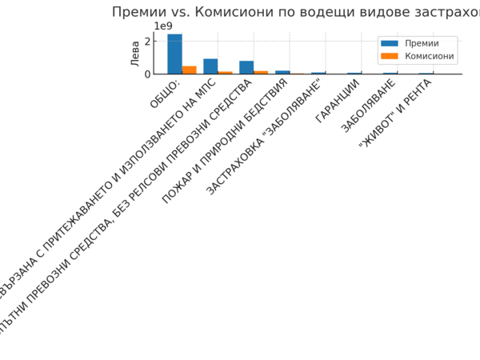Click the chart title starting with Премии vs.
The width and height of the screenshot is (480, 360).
[x=296, y=12]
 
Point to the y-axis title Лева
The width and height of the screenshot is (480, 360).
[x=135, y=53]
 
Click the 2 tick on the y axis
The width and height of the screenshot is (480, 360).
[x=148, y=42]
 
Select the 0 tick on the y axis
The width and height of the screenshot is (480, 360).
[x=148, y=74]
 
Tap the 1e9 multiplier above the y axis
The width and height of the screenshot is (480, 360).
[x=163, y=26]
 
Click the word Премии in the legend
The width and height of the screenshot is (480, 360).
[x=422, y=43]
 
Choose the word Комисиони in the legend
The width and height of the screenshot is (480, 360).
[x=430, y=56]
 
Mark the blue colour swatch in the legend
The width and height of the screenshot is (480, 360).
[x=390, y=43]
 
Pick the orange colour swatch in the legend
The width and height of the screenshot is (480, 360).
[x=390, y=56]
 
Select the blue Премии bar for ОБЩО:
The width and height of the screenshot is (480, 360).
[x=174, y=54]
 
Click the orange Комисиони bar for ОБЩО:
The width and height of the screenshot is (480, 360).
[x=189, y=70]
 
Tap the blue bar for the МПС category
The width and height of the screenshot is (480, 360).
[x=210, y=66]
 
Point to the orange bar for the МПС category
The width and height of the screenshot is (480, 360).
[x=225, y=72]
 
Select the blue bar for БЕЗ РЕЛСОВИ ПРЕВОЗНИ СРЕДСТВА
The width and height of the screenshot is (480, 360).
[x=246, y=67]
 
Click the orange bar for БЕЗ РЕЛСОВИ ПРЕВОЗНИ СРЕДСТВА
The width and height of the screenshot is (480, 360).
[x=261, y=72]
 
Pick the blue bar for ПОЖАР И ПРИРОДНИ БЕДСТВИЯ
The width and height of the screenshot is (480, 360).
[x=282, y=72]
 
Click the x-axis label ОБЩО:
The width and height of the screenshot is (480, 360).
[x=166, y=94]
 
